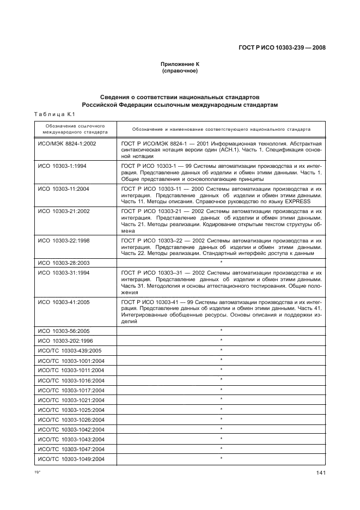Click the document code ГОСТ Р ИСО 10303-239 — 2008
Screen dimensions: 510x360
click(x=282, y=47)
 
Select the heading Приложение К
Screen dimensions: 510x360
click(x=180, y=64)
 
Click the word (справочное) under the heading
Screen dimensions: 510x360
click(x=180, y=71)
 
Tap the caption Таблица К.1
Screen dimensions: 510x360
click(x=54, y=114)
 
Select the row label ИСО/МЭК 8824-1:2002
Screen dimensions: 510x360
click(x=66, y=143)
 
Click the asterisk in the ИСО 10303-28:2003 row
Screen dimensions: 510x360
click(x=221, y=262)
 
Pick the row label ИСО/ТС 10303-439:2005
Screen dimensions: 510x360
click(x=69, y=350)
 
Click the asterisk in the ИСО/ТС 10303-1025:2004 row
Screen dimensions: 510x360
click(x=221, y=409)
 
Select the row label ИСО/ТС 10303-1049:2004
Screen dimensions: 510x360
click(x=71, y=459)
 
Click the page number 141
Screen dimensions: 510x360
click(x=321, y=472)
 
